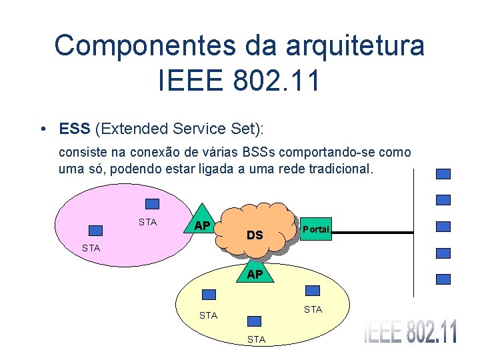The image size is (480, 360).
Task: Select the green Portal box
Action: tap(315, 229)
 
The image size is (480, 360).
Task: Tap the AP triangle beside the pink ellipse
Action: tap(201, 223)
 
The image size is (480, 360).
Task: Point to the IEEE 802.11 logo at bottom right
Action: tap(410, 332)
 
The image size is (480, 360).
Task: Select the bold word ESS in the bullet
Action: tap(73, 127)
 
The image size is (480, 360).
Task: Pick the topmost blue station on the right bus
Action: tap(443, 173)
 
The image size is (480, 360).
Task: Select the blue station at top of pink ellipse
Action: tap(153, 204)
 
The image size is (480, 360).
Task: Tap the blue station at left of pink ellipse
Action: tap(96, 230)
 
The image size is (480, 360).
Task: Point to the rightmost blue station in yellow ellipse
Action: tap(312, 291)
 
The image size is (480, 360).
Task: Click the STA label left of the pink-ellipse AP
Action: tap(147, 222)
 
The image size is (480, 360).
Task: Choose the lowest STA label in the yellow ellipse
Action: tap(256, 339)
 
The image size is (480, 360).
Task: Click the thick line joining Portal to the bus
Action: tap(373, 232)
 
